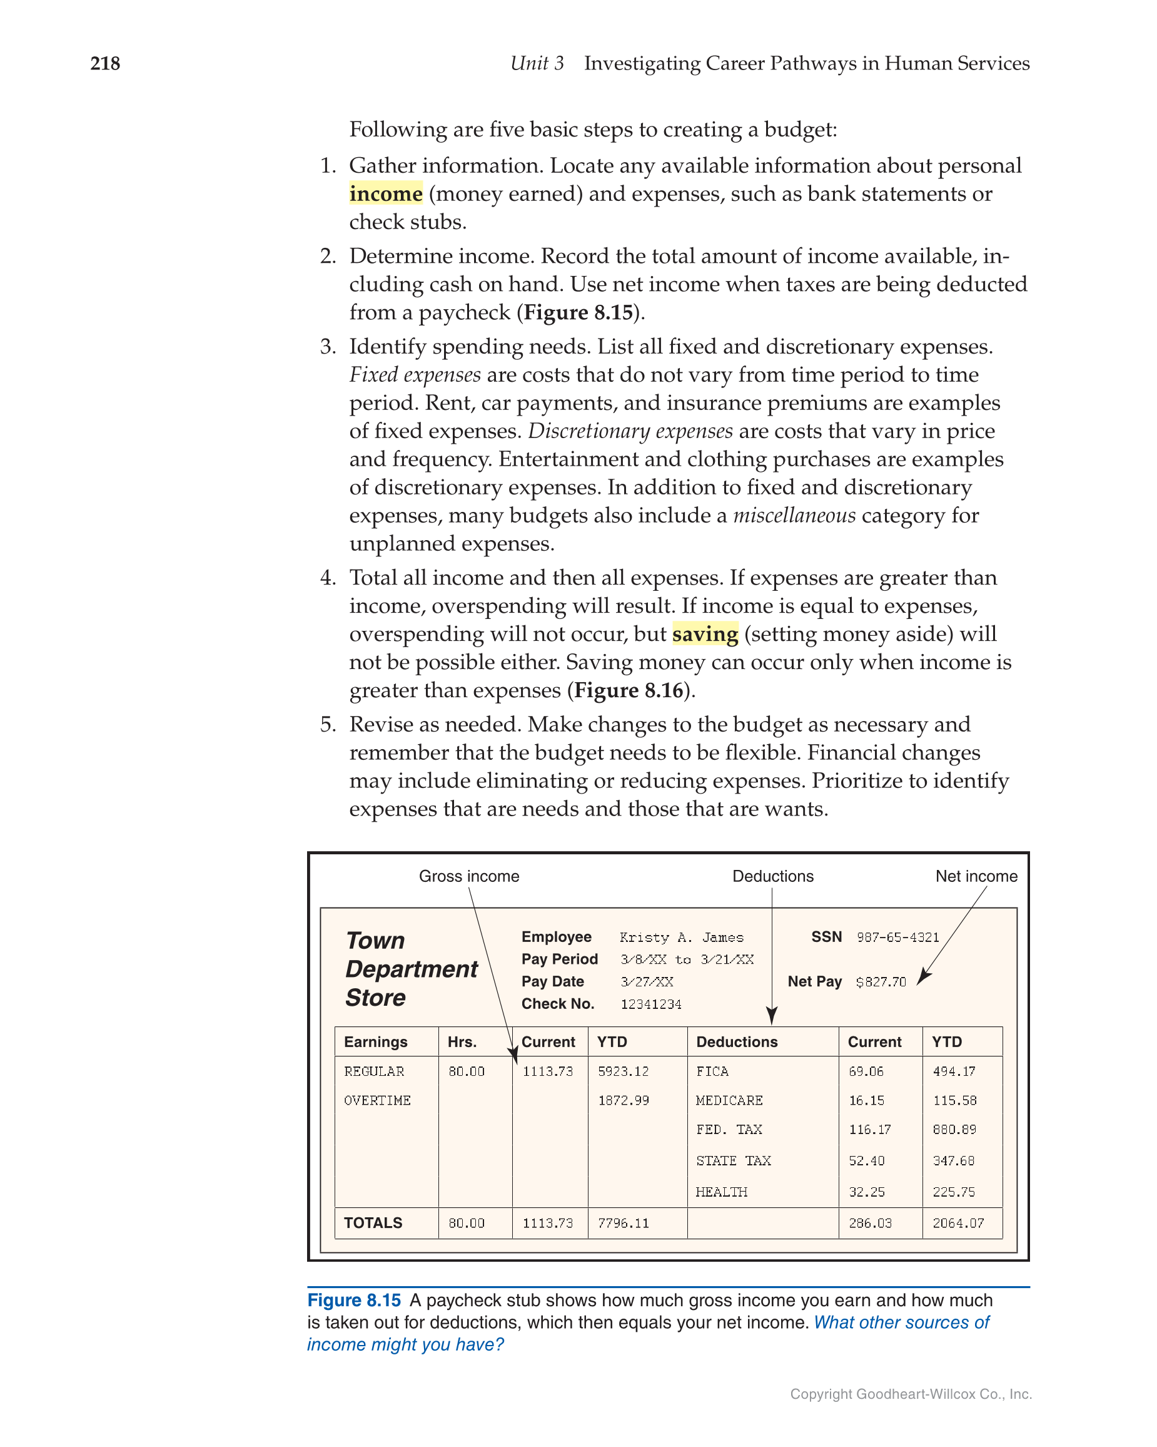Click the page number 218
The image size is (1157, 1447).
coord(104,64)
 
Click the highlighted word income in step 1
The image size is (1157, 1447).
coord(385,194)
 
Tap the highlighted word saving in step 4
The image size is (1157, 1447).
coord(704,634)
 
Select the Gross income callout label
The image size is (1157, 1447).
coord(468,876)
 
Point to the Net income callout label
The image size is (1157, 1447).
coord(975,876)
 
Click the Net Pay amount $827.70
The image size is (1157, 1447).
coord(880,983)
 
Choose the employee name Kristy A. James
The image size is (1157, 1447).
coord(681,938)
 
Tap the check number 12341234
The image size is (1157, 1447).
coord(650,1005)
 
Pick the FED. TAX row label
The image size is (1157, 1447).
coord(729,1130)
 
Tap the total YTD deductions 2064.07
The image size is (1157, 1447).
coord(957,1224)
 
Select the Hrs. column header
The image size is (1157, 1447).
coord(462,1042)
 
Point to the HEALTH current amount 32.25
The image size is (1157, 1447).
coord(866,1193)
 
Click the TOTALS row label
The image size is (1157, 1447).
coord(373,1223)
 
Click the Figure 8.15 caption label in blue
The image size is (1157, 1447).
coord(353,1301)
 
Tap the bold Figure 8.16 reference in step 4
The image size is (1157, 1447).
coord(629,690)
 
